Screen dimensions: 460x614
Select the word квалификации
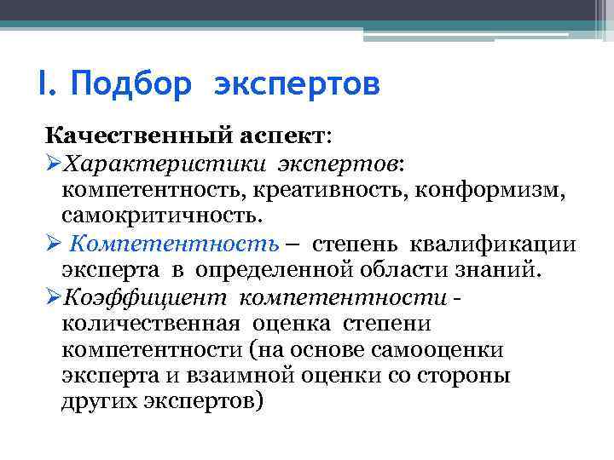pyautogui.click(x=494, y=245)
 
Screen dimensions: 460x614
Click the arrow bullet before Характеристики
pyautogui.click(x=53, y=161)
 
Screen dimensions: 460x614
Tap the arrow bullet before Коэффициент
pyautogui.click(x=53, y=299)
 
